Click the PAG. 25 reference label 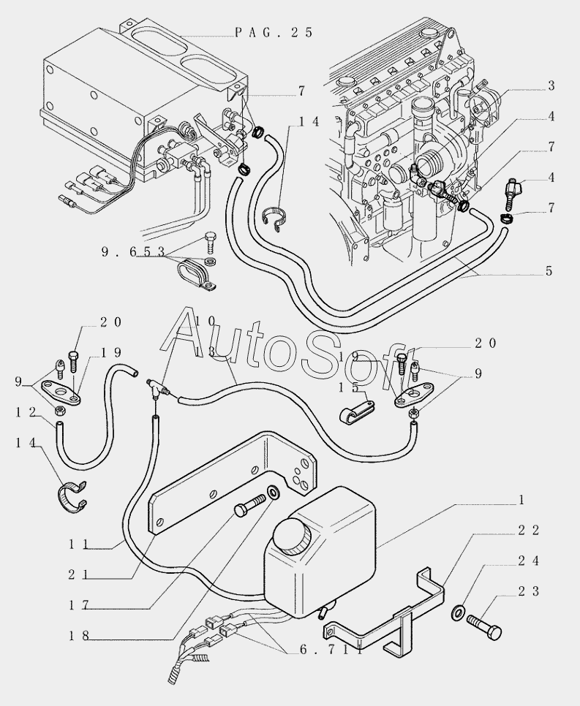[x=274, y=32]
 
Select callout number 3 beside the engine [x=551, y=86]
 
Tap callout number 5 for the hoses [x=549, y=270]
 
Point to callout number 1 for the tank [x=521, y=500]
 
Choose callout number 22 [x=529, y=531]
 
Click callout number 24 [x=529, y=561]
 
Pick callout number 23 [x=529, y=591]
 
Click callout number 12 [x=26, y=412]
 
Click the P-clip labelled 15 [x=356, y=411]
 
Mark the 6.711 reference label [x=331, y=649]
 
